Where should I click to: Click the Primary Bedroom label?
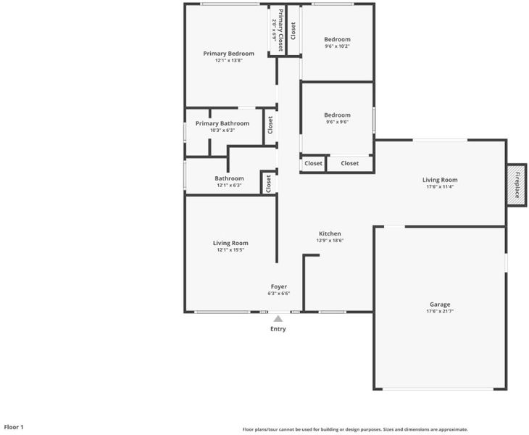(229, 54)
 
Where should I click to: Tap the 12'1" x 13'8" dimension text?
(229, 60)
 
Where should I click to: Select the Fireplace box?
(517, 185)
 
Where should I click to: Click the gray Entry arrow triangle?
(278, 318)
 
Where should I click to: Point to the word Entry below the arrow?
(278, 328)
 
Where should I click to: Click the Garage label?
(440, 304)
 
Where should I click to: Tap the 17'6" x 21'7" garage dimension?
(440, 311)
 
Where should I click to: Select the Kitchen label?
(330, 233)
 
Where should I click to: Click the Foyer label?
(279, 286)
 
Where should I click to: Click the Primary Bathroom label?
(222, 123)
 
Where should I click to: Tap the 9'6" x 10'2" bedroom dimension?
(337, 46)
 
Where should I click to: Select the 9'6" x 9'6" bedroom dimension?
(337, 122)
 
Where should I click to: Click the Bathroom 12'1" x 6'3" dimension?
(229, 186)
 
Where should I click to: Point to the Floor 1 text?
(14, 427)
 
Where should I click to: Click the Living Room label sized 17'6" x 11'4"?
(440, 180)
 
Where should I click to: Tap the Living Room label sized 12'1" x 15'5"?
(230, 243)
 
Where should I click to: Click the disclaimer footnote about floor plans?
(355, 430)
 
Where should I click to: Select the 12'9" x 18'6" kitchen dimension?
(330, 241)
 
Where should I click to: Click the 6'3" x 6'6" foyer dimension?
(279, 294)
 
